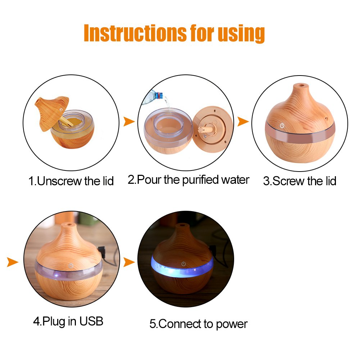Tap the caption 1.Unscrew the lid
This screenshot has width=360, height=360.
point(71,181)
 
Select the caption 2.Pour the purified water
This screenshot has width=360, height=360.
point(188,179)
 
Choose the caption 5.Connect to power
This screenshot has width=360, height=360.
point(198,324)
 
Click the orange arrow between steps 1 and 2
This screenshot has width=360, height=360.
point(129,122)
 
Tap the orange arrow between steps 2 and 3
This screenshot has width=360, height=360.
point(243,122)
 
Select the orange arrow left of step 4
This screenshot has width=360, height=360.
point(12,262)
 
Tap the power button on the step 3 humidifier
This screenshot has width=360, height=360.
point(282,127)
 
